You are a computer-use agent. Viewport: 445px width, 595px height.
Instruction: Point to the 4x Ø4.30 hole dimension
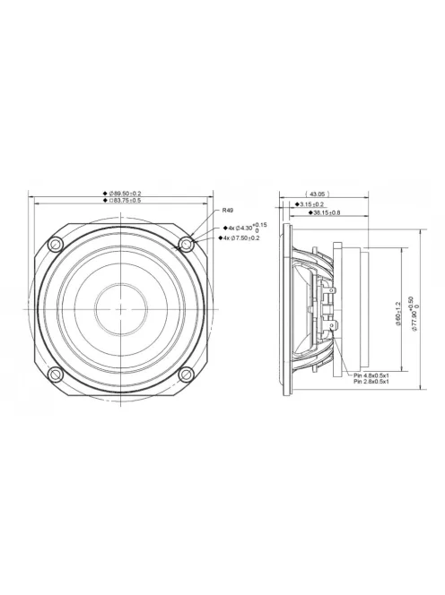tap(242, 228)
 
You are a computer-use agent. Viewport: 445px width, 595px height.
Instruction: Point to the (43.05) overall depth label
tap(316, 193)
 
